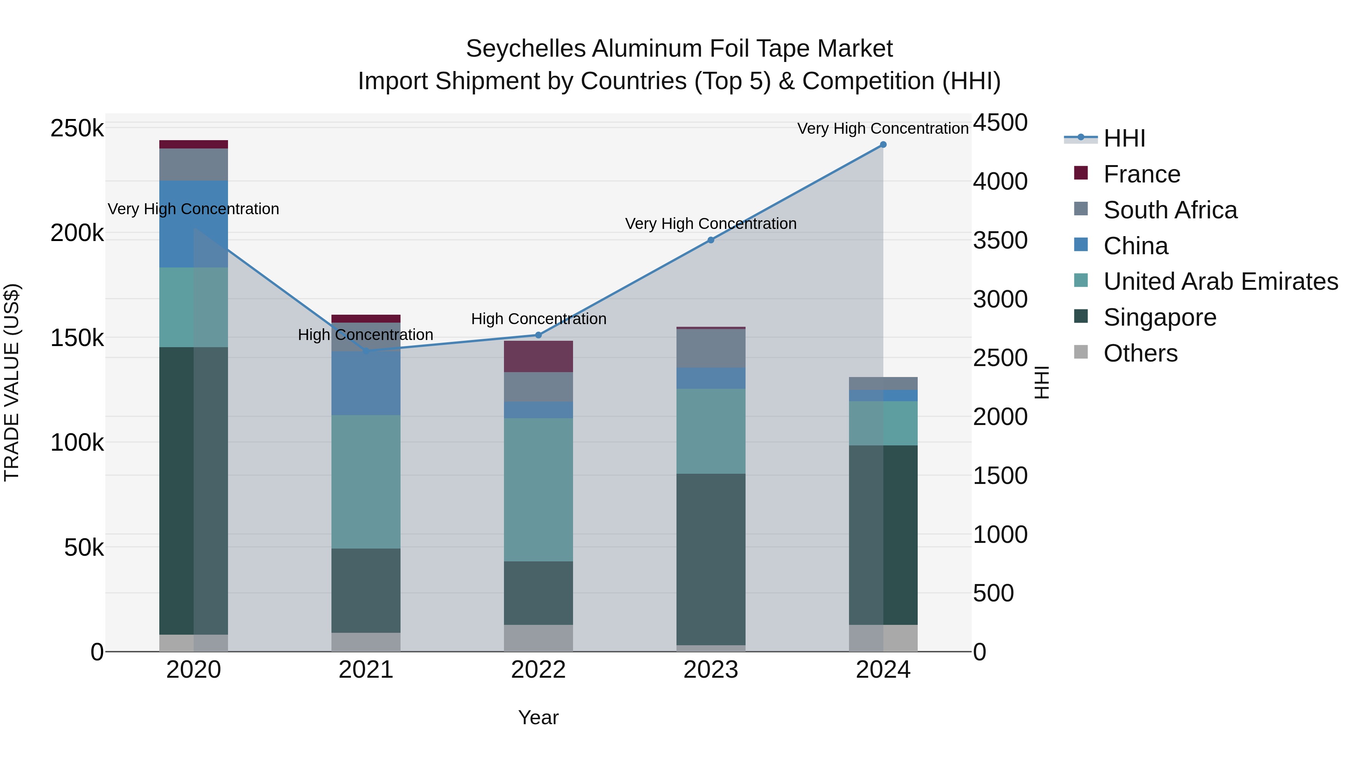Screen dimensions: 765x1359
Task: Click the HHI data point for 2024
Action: (883, 145)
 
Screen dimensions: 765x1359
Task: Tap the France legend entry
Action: (1141, 174)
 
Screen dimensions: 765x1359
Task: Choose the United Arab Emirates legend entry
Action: (1220, 281)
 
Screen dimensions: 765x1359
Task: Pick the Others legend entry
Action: (1140, 353)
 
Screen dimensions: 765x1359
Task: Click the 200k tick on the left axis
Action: (77, 233)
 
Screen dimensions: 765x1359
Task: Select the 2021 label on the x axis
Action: (365, 670)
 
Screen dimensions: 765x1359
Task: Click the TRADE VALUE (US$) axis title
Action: (12, 382)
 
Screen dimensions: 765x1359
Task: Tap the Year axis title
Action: (538, 717)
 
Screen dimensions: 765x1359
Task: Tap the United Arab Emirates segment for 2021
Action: (365, 482)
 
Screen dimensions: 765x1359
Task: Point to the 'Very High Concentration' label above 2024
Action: (883, 128)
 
